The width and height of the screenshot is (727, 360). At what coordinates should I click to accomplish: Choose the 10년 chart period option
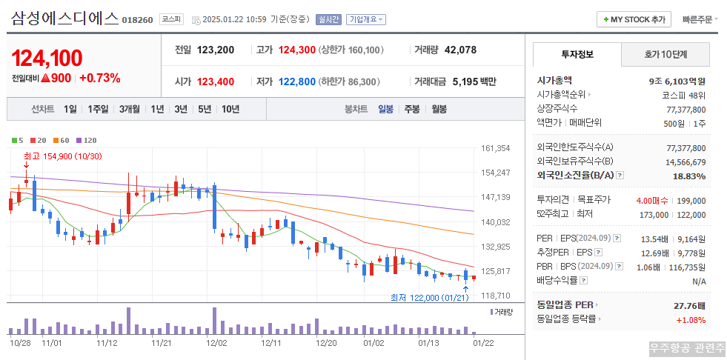pos(230,109)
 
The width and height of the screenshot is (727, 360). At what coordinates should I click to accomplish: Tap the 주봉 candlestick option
pos(411,109)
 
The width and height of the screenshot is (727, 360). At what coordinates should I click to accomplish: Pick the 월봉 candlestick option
pos(439,109)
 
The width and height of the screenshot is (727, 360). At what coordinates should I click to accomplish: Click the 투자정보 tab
pos(577,54)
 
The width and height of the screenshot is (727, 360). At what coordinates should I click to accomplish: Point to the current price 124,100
pos(47,58)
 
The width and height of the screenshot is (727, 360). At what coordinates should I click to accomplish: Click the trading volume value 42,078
pos(460,50)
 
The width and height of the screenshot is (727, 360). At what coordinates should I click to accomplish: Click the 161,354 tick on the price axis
pos(495,148)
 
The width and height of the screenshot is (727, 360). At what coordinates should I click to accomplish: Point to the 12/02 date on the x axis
pos(216,343)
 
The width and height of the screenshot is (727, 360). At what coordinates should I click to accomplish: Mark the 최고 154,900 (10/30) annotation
pos(62,156)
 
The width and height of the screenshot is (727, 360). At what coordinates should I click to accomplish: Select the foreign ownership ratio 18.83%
pos(689,176)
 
